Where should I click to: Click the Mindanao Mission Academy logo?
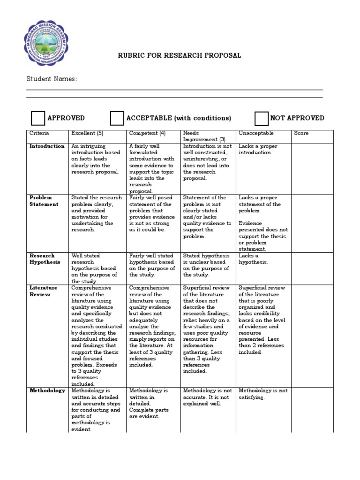pyautogui.click(x=46, y=43)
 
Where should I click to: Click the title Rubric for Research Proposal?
pyautogui.click(x=179, y=55)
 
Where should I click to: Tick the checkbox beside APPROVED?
pyautogui.click(x=38, y=119)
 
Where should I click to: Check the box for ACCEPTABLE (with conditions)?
pyautogui.click(x=117, y=119)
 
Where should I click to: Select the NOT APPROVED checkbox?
pyautogui.click(x=262, y=119)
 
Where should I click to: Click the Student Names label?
pyautogui.click(x=52, y=79)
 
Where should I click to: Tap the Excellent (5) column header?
pyautogui.click(x=87, y=134)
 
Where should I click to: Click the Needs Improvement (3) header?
pyautogui.click(x=204, y=136)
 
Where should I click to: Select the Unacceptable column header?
pyautogui.click(x=256, y=134)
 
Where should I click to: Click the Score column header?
pyautogui.click(x=301, y=134)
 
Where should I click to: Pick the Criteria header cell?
pyautogui.click(x=39, y=134)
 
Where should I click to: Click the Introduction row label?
pyautogui.click(x=47, y=146)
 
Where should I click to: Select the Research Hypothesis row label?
pyautogui.click(x=45, y=259)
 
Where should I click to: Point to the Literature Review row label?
pyautogui.click(x=43, y=291)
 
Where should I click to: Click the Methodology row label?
pyautogui.click(x=47, y=390)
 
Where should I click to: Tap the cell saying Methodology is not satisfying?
pyautogui.click(x=262, y=394)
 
